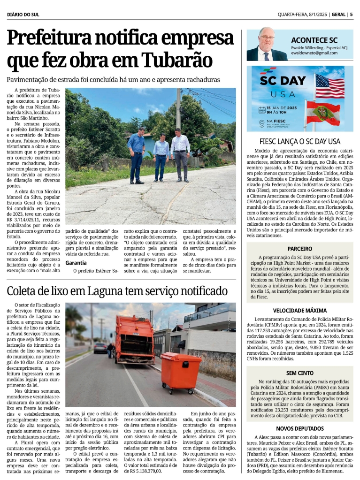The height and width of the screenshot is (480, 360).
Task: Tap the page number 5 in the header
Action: [x=351, y=15]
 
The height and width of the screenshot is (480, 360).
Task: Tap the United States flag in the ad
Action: [x=329, y=86]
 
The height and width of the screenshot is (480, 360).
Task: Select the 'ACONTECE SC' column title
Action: [x=314, y=40]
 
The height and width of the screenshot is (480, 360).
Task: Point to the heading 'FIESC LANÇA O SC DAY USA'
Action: [x=300, y=141]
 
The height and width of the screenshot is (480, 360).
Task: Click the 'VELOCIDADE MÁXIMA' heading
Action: [x=300, y=311]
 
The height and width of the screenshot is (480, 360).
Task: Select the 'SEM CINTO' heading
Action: [x=300, y=373]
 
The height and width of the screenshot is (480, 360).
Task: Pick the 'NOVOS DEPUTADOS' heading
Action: [x=300, y=428]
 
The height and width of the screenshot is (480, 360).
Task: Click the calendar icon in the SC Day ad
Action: [x=262, y=111]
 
